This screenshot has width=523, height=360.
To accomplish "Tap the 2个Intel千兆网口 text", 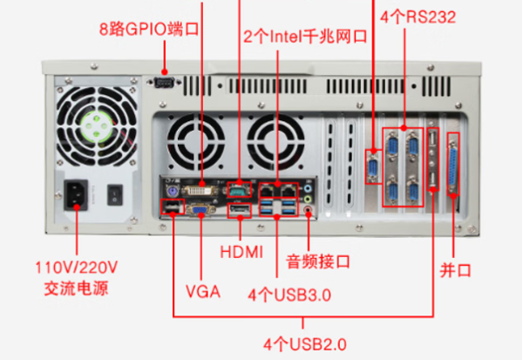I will [x=304, y=37].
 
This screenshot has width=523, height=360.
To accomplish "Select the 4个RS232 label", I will [x=418, y=17].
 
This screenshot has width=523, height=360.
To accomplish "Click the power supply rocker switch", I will [x=114, y=194].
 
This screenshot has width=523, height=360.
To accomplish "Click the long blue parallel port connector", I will [x=452, y=165].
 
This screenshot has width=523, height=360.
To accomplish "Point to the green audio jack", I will [x=310, y=198].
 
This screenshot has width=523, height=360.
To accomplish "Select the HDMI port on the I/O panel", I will [x=238, y=208].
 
